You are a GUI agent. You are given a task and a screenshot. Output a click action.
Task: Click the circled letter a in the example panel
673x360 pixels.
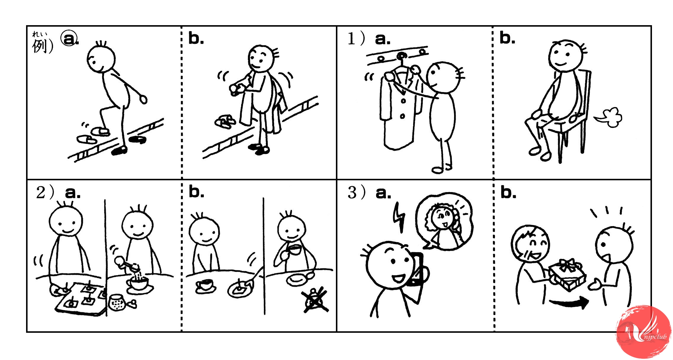point(69,38)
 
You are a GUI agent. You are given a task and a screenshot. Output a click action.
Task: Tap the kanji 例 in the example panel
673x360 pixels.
point(40,46)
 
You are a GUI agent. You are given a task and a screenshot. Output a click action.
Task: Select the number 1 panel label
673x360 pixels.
point(352,39)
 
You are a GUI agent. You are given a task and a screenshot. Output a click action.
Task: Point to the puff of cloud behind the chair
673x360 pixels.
point(609,118)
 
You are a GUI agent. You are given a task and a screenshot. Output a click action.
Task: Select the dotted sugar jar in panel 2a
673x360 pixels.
point(118,302)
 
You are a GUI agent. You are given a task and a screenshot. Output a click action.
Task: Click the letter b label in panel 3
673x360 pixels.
point(508,192)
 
